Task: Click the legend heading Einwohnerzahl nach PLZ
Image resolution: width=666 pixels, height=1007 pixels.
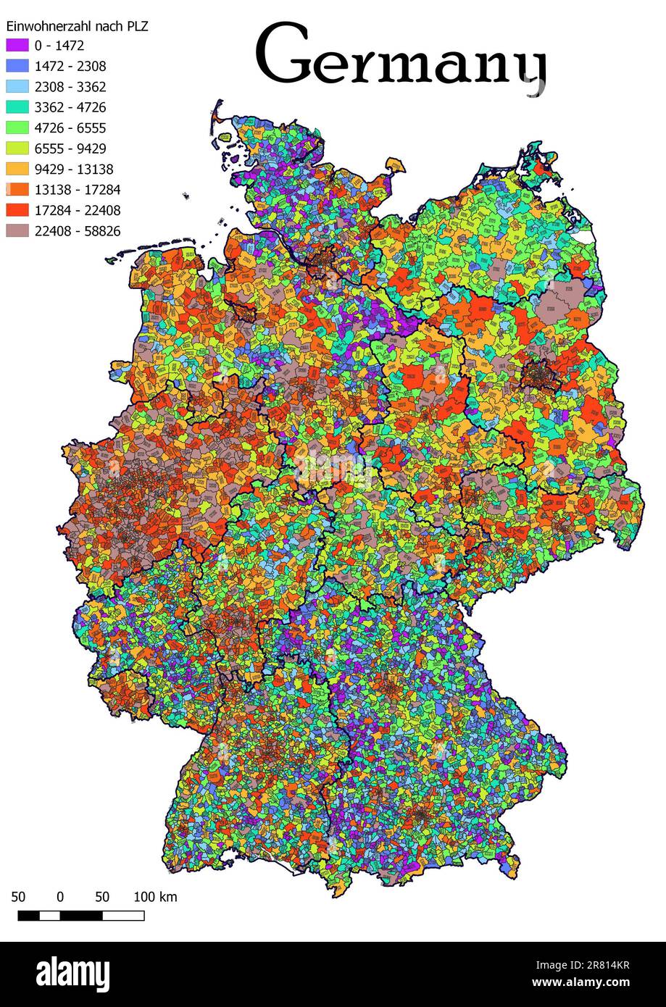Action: [x=77, y=26]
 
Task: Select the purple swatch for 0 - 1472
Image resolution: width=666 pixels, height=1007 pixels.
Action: [x=17, y=46]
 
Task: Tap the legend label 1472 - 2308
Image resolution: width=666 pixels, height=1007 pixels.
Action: [x=70, y=66]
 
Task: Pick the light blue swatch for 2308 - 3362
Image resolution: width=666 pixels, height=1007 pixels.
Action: [x=17, y=87]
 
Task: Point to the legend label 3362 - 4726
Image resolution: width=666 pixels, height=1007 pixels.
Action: [x=70, y=107]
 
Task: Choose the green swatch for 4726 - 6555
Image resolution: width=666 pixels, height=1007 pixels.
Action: [x=17, y=128]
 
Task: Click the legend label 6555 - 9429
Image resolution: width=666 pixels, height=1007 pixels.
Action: [x=70, y=149]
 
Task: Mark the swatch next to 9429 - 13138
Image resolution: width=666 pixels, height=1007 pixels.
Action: [x=17, y=170]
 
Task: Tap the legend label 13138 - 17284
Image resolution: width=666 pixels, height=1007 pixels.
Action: [x=77, y=190]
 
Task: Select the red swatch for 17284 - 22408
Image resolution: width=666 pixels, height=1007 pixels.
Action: [x=17, y=211]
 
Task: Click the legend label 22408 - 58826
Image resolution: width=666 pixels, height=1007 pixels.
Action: [x=77, y=231]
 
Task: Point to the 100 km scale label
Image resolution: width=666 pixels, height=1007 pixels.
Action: [x=155, y=897]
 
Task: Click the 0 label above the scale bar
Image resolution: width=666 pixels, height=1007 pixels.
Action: [x=60, y=897]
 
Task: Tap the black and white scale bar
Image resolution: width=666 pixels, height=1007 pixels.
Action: [x=80, y=916]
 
